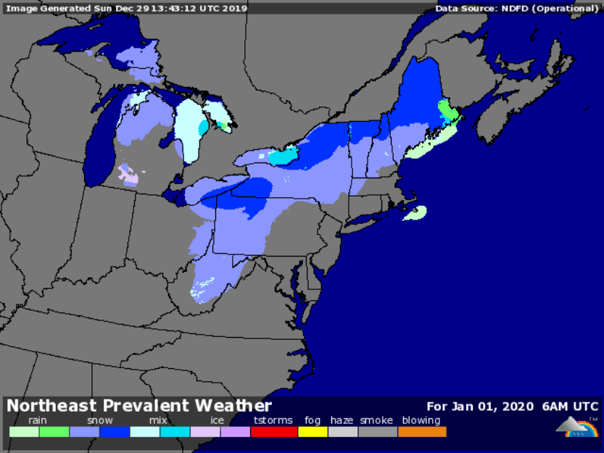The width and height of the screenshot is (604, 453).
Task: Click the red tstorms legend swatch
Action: pos(273,432)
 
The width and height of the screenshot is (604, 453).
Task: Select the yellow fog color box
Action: pos(313,432)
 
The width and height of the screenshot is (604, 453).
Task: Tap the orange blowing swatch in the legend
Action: pos(422,432)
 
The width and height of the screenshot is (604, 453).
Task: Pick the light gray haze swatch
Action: pos(343,432)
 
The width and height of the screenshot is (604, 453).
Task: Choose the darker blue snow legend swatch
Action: pos(115,432)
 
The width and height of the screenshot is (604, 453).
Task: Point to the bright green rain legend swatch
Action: pos(54,432)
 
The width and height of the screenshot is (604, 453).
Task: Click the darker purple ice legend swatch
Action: pos(235,432)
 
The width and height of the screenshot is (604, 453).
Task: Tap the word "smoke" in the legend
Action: pos(376,420)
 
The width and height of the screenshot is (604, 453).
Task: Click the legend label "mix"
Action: pos(158,420)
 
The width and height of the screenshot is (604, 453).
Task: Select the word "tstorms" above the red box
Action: pos(273,420)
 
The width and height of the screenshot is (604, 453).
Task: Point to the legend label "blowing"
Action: pos(421,420)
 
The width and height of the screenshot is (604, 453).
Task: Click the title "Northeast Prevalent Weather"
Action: pos(139,406)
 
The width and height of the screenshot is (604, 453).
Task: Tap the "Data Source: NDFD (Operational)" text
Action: pos(516,9)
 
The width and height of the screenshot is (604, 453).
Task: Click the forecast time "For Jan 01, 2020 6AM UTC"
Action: pos(512,406)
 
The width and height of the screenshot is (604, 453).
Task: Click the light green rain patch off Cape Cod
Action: pos(415,213)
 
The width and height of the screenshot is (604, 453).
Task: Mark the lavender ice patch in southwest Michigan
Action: pos(128,175)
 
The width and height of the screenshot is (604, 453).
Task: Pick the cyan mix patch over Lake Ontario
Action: pos(284,156)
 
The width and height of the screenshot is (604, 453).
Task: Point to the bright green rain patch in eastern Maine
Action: pos(447,111)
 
